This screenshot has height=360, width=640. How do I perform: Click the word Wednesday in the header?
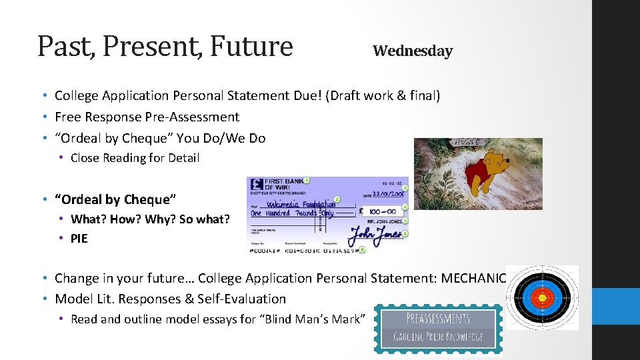click(412, 51)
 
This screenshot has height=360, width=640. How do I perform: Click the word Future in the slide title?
click(251, 46)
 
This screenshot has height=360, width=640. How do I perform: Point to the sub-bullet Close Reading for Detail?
click(135, 158)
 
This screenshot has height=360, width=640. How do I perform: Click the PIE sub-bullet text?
click(79, 239)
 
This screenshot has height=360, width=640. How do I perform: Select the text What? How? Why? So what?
click(149, 219)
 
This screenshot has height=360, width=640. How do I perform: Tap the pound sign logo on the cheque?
click(256, 186)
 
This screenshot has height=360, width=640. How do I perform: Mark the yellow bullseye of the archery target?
click(542, 297)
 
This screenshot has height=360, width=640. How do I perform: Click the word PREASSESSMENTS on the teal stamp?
click(437, 318)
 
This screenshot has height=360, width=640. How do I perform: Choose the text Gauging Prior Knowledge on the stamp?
click(437, 337)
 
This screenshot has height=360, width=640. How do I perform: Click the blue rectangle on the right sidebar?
click(616, 306)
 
